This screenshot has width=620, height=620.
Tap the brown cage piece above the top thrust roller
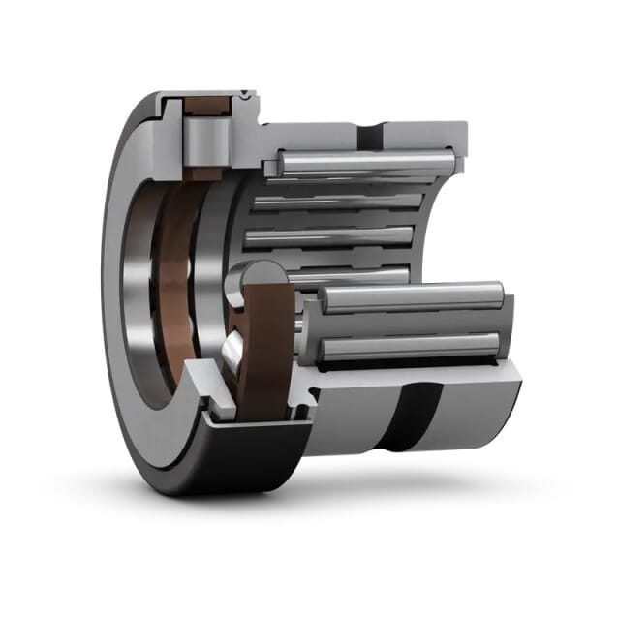(x=206, y=103)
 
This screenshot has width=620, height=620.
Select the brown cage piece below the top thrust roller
(x=205, y=171)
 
